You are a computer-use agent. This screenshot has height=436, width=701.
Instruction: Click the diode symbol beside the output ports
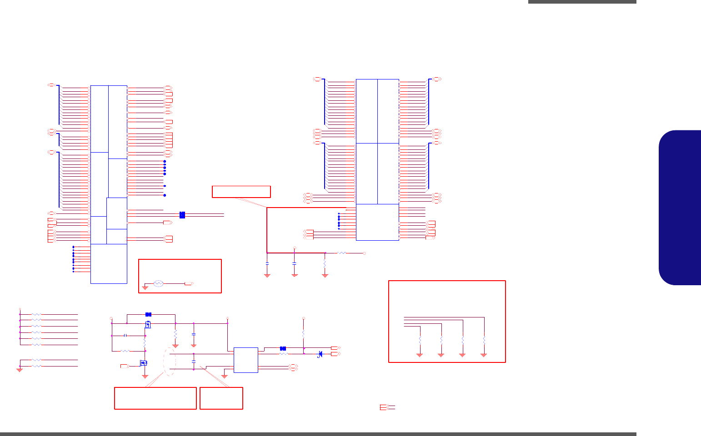pos(320,354)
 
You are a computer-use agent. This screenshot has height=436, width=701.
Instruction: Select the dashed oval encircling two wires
pos(170,362)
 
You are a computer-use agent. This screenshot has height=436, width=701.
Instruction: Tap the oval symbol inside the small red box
pos(158,283)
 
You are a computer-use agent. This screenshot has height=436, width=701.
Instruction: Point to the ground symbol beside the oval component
pos(145,287)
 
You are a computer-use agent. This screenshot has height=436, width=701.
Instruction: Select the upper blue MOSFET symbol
pos(148,324)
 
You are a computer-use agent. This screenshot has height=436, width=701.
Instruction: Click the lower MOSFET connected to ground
pos(144,363)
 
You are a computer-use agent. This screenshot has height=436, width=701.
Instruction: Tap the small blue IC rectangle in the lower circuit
pos(245,360)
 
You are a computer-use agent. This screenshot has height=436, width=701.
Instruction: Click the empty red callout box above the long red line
pos(241,192)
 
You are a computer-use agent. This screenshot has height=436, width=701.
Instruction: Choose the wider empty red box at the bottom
pos(155,398)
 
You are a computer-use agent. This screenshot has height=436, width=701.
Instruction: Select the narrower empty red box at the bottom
pos(221,398)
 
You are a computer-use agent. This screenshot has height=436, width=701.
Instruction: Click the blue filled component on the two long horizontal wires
pos(182,215)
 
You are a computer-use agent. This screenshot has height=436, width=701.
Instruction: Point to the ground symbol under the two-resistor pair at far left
pos(20,370)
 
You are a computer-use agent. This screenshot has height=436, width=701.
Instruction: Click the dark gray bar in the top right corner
pos(582,2)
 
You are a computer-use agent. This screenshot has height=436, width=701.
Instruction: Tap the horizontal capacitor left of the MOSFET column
pos(125,336)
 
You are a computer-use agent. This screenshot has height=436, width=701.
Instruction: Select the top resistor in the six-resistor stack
pos(36,314)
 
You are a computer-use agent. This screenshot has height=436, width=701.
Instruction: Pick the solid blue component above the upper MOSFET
pos(148,314)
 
